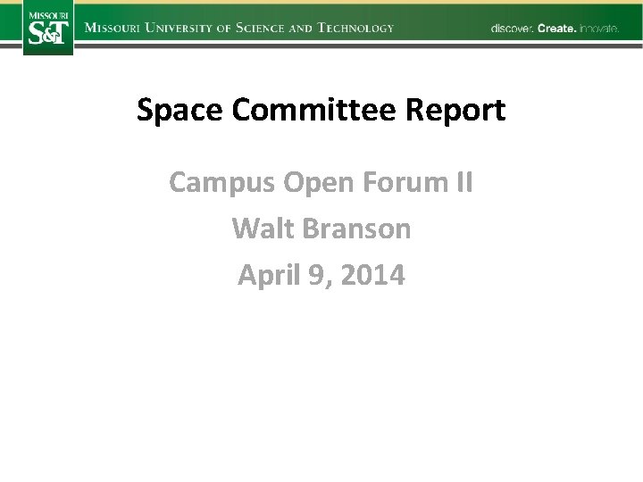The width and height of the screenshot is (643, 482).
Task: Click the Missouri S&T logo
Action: click(x=48, y=28)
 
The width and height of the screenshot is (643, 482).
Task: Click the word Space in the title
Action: click(x=180, y=111)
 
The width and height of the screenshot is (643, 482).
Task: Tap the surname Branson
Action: click(x=357, y=229)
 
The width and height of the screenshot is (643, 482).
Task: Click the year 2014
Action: click(x=372, y=275)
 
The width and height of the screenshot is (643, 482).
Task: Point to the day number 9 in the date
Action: click(x=317, y=275)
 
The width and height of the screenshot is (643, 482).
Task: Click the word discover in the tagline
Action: click(x=512, y=29)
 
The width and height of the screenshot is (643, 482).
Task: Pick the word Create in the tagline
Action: click(x=556, y=29)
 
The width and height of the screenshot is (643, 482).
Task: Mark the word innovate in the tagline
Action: click(x=598, y=29)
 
